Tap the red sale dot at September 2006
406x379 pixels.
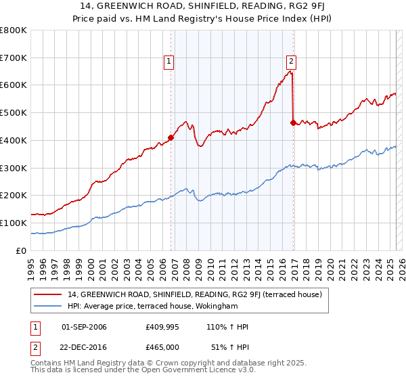pos(171,137)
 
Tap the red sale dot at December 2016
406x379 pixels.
pos(293,122)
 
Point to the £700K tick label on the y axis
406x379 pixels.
pos(14,58)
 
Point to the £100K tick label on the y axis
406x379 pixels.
pos(14,223)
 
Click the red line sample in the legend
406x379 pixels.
pos(48,294)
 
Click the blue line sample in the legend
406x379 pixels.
pos(48,307)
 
